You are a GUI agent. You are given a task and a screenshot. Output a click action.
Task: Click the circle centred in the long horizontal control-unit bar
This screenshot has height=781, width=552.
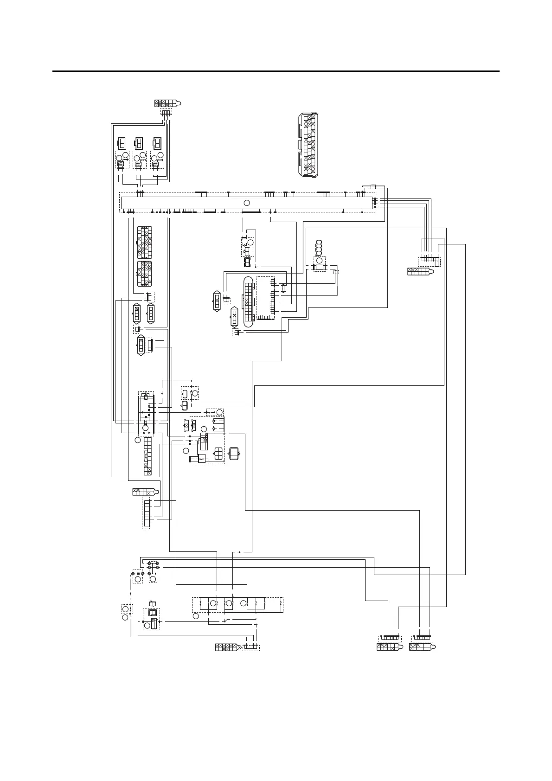pos(247,203)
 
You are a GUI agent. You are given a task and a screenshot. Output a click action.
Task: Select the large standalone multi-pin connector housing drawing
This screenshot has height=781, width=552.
pos(308,144)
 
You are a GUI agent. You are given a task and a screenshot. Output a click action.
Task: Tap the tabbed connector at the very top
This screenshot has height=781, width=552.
pos(167,103)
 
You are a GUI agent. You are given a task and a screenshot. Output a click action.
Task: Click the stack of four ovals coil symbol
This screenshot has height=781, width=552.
pos(319,248)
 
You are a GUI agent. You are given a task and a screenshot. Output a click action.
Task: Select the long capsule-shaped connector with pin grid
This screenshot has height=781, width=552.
pos(248,302)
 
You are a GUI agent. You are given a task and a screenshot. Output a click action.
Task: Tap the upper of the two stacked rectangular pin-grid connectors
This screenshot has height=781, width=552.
pos(145,242)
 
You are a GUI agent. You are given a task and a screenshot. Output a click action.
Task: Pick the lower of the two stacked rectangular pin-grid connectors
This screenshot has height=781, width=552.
pos(145,274)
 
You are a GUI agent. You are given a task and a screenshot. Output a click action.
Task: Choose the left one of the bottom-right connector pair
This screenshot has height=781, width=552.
pos(389,647)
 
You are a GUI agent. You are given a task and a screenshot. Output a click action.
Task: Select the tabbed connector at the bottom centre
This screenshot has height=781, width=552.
pos(227,647)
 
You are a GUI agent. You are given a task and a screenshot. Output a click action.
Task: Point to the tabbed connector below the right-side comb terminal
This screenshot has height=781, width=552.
pos(420,272)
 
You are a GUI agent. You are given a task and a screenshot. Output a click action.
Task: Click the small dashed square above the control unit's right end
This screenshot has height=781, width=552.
pos(373,186)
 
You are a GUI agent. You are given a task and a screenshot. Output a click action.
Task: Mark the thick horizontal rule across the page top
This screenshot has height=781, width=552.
pos(276,71)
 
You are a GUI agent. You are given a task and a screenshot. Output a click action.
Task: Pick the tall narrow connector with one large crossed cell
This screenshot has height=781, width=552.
pos(148,456)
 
